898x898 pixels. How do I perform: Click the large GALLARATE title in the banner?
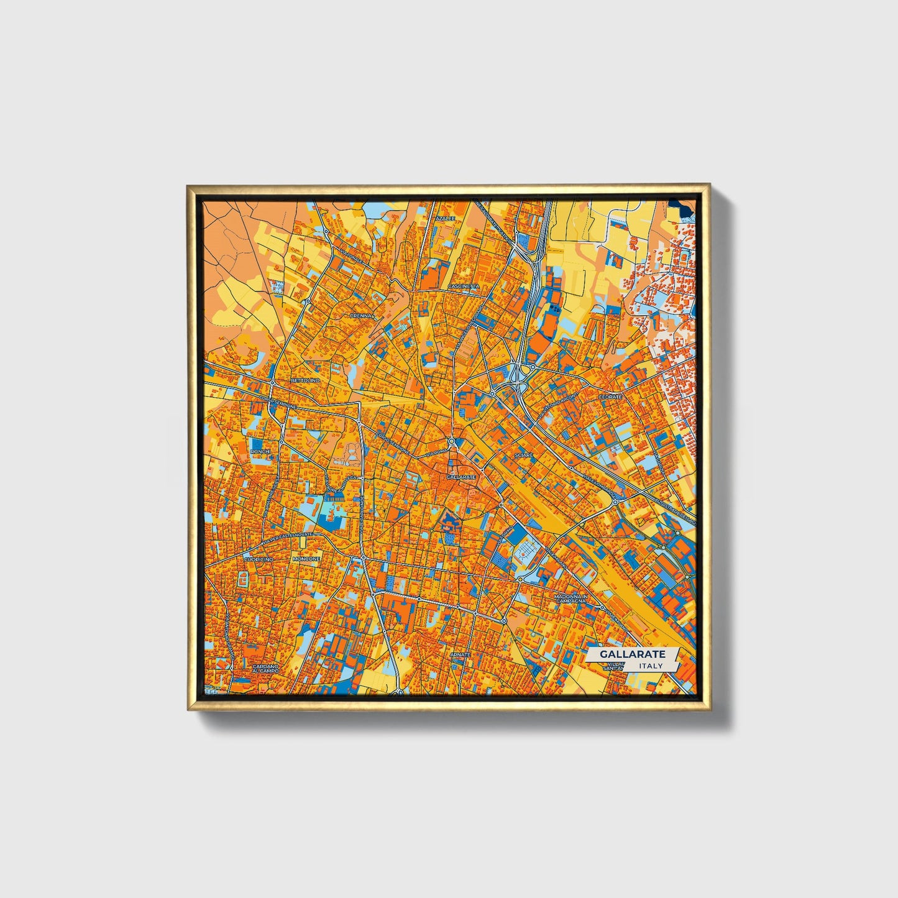click(633, 654)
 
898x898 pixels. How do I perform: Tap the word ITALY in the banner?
click(651, 666)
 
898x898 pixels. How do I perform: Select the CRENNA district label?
click(360, 316)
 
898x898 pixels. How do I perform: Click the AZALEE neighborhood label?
click(445, 219)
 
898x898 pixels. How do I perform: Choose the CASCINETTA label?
click(464, 286)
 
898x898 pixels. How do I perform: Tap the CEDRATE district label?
click(610, 396)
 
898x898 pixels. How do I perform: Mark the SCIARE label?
click(524, 456)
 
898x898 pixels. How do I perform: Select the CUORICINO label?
click(259, 559)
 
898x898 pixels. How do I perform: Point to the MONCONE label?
click(307, 559)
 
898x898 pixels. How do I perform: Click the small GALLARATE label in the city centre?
click(460, 477)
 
